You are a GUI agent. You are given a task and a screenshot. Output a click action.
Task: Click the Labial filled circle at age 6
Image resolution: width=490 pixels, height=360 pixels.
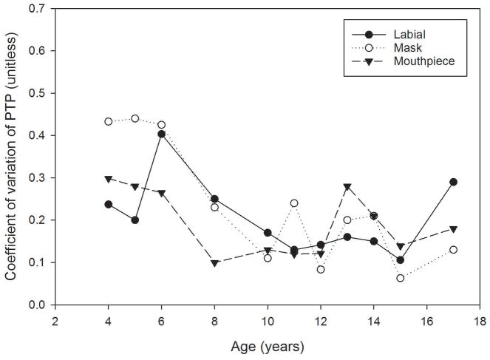161,135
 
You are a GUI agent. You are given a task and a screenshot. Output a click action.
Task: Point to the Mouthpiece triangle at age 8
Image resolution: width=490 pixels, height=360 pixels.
214,263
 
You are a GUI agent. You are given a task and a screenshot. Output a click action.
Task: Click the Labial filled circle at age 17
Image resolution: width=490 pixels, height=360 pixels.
453,182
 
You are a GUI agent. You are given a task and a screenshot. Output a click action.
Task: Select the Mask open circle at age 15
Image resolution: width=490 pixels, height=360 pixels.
400,278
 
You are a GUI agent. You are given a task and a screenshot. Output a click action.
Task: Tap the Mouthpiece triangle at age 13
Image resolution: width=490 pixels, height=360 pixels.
347,187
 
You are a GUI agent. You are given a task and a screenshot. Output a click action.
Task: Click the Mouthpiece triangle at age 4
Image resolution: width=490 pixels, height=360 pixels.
109,180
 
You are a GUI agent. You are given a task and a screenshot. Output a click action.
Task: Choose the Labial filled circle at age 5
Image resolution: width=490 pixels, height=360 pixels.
135,220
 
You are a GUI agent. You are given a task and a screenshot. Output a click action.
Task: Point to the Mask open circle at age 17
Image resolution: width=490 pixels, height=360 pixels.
453,250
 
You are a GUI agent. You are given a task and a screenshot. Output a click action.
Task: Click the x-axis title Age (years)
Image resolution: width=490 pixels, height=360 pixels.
268,345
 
